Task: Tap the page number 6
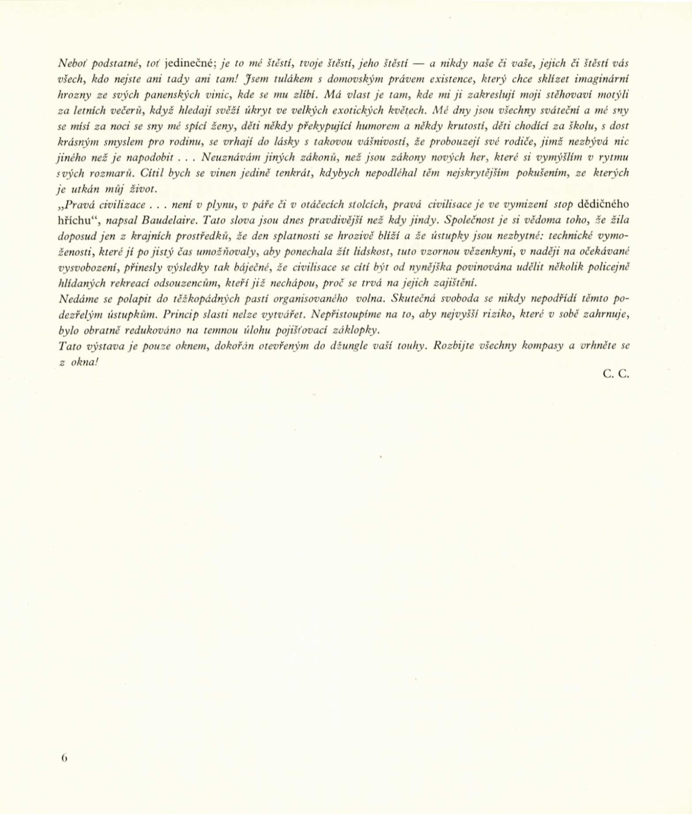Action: coord(64,758)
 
